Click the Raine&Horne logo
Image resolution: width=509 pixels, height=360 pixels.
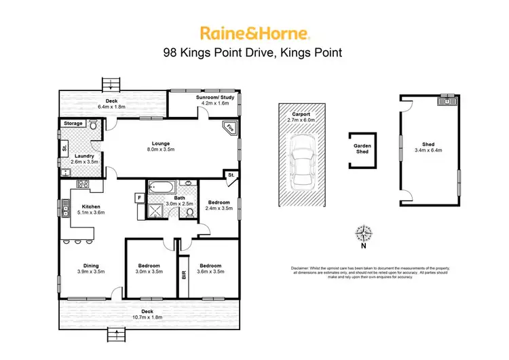click(x=254, y=32)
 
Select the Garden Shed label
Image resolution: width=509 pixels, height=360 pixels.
click(x=361, y=149)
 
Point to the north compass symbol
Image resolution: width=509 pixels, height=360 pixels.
click(x=364, y=234)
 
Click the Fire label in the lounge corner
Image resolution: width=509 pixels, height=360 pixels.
click(x=229, y=127)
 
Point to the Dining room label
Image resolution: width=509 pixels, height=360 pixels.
click(x=91, y=266)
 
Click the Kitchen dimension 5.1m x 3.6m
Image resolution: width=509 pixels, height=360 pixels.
click(x=91, y=212)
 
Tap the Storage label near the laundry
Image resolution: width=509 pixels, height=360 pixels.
click(x=73, y=124)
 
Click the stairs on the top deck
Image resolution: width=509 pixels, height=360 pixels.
click(x=111, y=84)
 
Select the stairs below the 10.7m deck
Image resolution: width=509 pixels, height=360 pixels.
click(x=117, y=334)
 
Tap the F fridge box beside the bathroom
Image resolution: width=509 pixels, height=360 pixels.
click(x=140, y=198)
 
